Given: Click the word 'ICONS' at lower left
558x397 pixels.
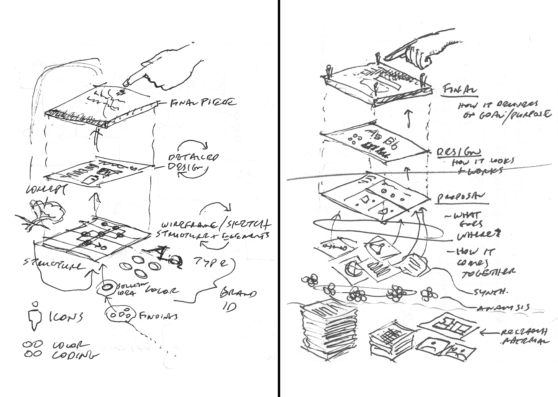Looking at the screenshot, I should pyautogui.click(x=65, y=317).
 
